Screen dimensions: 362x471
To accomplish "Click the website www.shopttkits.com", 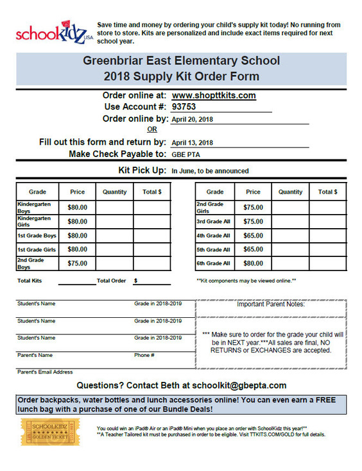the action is [x=214, y=95].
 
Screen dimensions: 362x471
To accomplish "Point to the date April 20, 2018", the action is [x=193, y=119].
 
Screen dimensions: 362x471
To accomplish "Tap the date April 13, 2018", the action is [x=193, y=143].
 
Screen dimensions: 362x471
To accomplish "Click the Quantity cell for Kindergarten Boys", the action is [x=115, y=207].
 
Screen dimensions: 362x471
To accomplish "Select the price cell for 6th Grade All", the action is [x=254, y=263].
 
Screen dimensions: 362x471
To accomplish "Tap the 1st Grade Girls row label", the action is [x=37, y=249].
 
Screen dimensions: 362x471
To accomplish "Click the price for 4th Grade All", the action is [x=254, y=235].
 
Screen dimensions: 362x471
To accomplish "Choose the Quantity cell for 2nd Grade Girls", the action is [x=291, y=207].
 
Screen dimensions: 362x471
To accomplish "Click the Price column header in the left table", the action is [x=77, y=192].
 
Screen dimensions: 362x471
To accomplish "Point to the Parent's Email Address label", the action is [x=45, y=372].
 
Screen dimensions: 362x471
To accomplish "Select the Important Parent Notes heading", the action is [x=270, y=304].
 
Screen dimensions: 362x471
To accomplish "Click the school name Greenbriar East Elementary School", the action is [x=181, y=62].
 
